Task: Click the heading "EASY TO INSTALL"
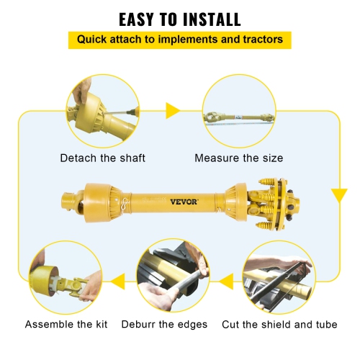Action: click(179, 18)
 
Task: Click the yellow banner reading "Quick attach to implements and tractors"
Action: click(179, 40)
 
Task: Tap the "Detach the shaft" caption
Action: click(103, 158)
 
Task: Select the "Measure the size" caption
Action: click(239, 158)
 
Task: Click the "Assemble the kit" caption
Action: click(66, 324)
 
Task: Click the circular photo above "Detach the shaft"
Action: click(102, 111)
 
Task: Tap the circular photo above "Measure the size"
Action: click(238, 111)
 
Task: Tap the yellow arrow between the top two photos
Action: click(173, 111)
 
